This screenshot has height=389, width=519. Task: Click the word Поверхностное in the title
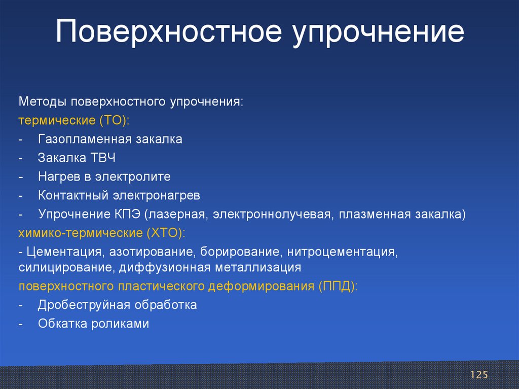pos(169,31)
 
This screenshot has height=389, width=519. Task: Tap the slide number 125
pos(479,375)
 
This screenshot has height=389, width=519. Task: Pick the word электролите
pos(133,177)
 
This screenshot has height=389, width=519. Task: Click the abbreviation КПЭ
pos(127,214)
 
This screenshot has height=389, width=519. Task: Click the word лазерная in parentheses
pos(176,215)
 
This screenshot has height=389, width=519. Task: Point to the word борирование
pos(241,253)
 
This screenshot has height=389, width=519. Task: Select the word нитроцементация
pos(342,253)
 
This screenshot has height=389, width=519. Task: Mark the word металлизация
pos(258,268)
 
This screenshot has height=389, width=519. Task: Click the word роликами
pos(120,324)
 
